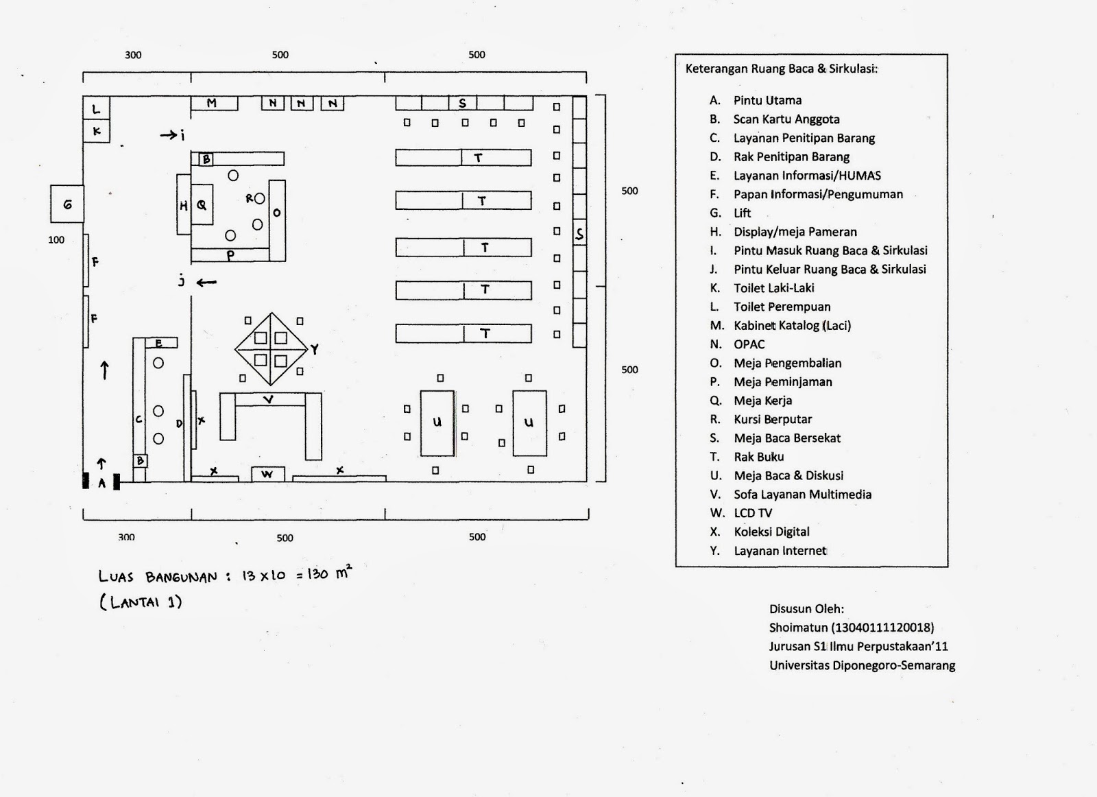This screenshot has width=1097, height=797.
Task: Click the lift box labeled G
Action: point(67,204)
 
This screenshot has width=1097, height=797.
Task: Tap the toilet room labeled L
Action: point(97,108)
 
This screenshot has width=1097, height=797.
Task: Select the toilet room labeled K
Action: point(97,130)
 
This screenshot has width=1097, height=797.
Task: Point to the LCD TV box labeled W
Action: point(267,474)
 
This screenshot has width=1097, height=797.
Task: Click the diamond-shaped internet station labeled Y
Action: point(272,348)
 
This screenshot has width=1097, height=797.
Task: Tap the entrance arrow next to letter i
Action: point(168,135)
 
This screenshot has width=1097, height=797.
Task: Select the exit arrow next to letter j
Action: point(206,282)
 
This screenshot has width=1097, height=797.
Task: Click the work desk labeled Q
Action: point(202,204)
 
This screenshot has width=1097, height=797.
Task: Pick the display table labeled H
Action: point(183,204)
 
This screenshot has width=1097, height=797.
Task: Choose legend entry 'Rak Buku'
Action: point(758,457)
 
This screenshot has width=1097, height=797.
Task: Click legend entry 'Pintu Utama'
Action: point(767,100)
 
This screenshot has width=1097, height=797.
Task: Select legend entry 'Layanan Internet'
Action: point(780,551)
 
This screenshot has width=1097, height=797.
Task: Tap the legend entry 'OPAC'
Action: point(749,344)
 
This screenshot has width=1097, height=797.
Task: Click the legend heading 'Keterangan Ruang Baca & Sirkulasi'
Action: point(781,69)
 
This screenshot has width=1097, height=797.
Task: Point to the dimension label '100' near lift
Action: point(56,240)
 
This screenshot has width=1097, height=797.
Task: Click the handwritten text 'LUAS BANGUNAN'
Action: point(158,577)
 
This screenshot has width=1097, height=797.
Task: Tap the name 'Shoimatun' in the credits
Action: point(798,627)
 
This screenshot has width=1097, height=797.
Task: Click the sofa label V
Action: point(269,399)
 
